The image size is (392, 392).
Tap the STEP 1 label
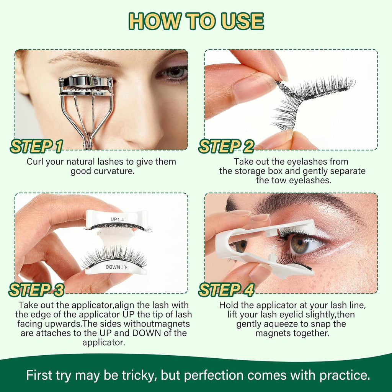(x=37, y=146)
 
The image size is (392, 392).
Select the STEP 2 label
(x=226, y=146)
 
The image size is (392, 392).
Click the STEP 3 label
(x=37, y=290)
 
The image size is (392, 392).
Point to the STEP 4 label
(x=226, y=290)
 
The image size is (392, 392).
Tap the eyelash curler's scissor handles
(x=88, y=130)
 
